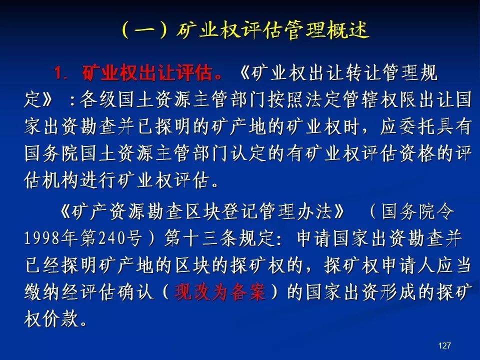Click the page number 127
(x=444, y=345)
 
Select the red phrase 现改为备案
(x=220, y=291)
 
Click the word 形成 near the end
(x=398, y=291)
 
